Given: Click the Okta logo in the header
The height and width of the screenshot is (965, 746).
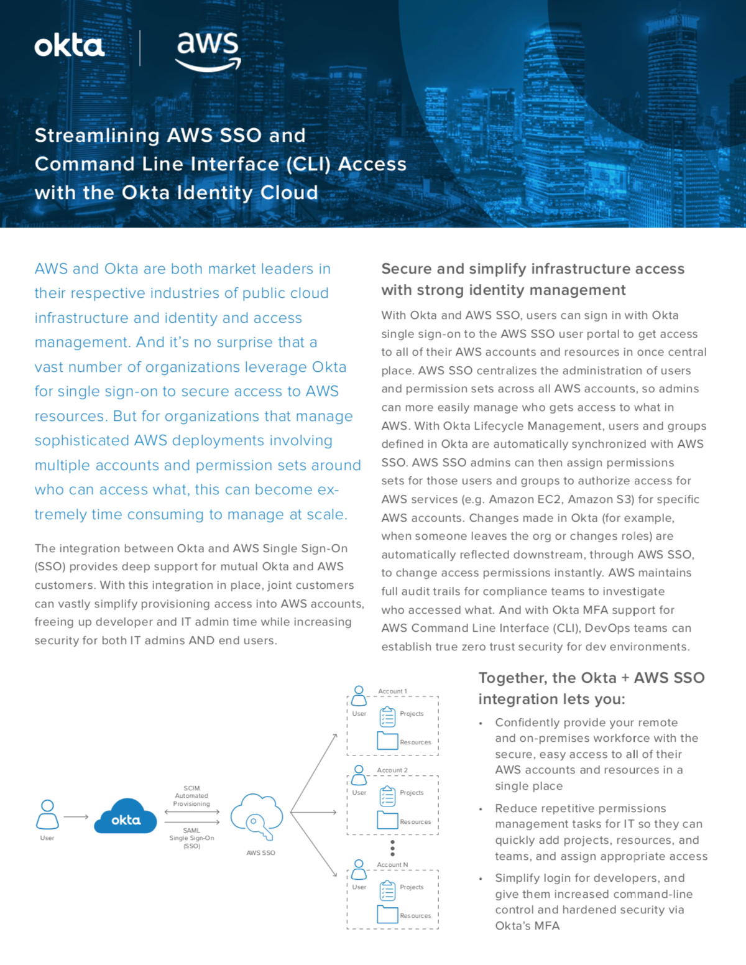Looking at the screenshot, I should pyautogui.click(x=69, y=46).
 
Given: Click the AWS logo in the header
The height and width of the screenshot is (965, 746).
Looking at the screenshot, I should pyautogui.click(x=208, y=50).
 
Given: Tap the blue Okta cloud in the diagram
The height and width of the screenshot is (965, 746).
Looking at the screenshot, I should pyautogui.click(x=126, y=816).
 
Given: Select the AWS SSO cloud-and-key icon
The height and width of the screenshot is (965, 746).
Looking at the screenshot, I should pyautogui.click(x=256, y=816).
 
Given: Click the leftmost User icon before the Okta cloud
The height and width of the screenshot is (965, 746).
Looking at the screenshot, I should pyautogui.click(x=47, y=815).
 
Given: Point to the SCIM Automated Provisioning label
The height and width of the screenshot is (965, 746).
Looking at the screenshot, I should pyautogui.click(x=191, y=796).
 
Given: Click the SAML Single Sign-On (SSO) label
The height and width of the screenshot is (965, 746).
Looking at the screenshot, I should pyautogui.click(x=191, y=838).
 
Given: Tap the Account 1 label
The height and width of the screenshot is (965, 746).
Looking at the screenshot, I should pyautogui.click(x=392, y=691).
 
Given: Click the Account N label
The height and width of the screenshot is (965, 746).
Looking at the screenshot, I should pyautogui.click(x=392, y=865).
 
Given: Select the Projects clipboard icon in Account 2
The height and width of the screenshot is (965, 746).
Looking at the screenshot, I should pyautogui.click(x=387, y=795).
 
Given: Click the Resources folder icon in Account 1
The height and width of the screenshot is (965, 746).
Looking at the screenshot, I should pyautogui.click(x=387, y=741).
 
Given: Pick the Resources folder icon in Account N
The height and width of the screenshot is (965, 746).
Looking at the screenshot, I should pyautogui.click(x=387, y=914).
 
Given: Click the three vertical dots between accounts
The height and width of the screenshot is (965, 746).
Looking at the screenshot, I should pyautogui.click(x=392, y=847).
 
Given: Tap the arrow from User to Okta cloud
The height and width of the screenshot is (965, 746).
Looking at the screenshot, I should pyautogui.click(x=76, y=817).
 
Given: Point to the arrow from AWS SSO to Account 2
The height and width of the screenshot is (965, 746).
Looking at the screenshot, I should pyautogui.click(x=313, y=812).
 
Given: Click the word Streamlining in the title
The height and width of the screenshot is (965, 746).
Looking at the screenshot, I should pyautogui.click(x=97, y=136).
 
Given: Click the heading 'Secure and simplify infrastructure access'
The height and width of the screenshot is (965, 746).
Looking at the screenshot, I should pyautogui.click(x=533, y=269).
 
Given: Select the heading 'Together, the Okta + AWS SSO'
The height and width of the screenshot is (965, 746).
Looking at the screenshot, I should pyautogui.click(x=591, y=678).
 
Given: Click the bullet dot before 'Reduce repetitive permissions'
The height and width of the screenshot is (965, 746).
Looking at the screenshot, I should pyautogui.click(x=481, y=809).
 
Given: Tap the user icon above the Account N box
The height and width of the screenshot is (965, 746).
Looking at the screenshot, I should pyautogui.click(x=359, y=869).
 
